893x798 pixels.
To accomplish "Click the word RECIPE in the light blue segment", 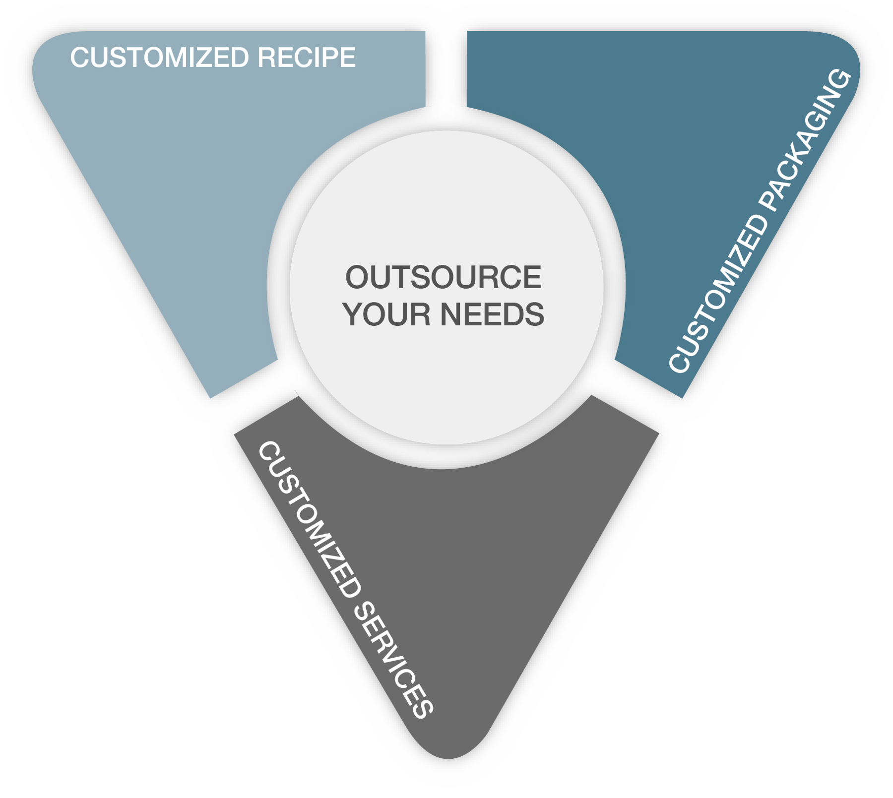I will coord(306,58).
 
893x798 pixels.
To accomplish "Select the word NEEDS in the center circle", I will coord(492,314).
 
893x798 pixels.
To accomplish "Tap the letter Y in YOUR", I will coord(353,314).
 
